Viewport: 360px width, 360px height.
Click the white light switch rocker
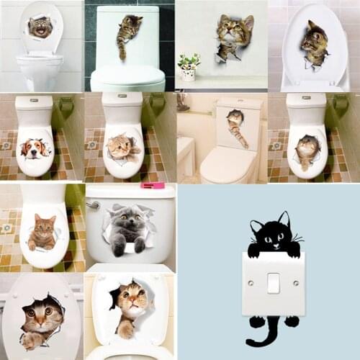pos(274,282)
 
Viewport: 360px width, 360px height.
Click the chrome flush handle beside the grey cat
pos(93,204)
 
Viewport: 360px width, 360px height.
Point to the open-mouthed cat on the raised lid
pos(40,26)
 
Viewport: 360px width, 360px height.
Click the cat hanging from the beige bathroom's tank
pos(236,126)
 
